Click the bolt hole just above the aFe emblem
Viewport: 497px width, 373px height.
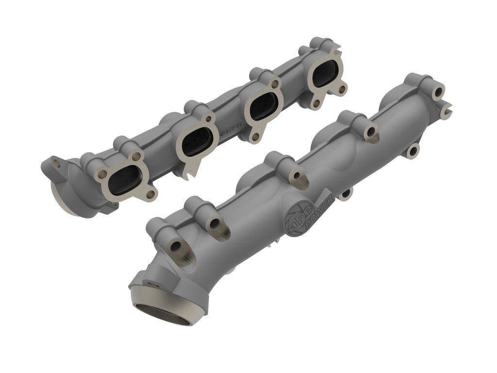296,176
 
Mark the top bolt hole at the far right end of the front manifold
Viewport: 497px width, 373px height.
438,91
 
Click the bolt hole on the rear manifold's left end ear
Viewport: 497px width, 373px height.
58,165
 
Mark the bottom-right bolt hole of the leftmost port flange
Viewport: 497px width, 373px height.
151,194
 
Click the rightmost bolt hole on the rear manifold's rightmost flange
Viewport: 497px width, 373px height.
343,89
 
